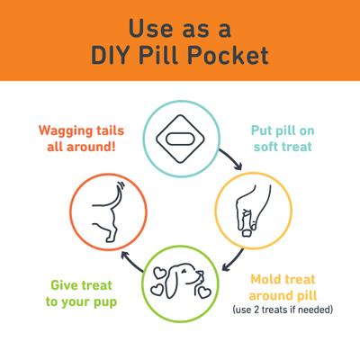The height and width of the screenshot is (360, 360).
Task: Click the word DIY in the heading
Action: click(x=111, y=56)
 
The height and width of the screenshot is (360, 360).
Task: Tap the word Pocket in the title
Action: click(x=228, y=55)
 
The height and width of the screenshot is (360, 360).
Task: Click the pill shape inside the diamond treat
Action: click(x=180, y=139)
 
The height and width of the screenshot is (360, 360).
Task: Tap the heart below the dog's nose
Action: click(x=204, y=292)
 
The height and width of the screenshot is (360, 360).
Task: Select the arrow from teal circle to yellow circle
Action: click(x=231, y=159)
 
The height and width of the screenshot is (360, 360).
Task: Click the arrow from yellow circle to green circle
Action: click(x=233, y=260)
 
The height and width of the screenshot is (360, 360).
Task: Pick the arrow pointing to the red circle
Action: click(x=131, y=261)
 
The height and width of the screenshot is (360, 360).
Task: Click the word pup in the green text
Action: click(x=105, y=302)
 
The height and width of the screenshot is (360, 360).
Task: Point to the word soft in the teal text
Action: click(x=266, y=147)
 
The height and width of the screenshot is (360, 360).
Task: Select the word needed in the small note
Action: click(x=315, y=310)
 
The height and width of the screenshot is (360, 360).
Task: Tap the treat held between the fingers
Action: click(x=247, y=232)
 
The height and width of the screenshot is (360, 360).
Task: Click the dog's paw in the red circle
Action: click(x=110, y=238)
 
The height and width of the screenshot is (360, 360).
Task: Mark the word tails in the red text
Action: click(x=110, y=130)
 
